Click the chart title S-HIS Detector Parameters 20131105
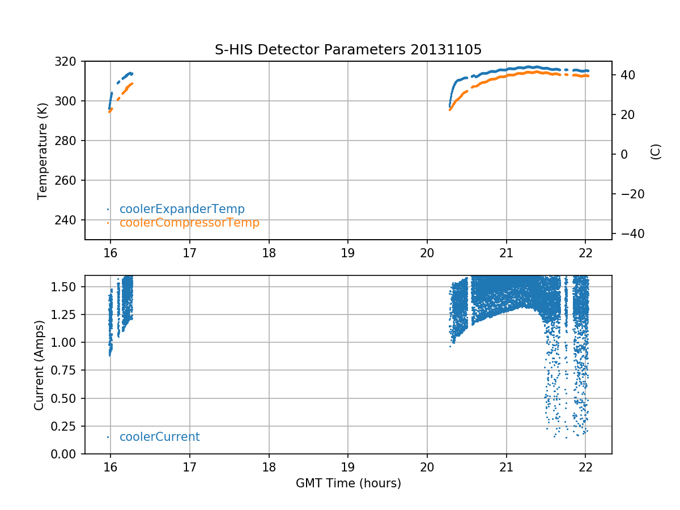tap(348, 50)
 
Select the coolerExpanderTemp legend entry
tap(182, 209)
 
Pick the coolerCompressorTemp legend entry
tap(189, 223)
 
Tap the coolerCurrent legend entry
tap(159, 437)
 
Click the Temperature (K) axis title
tap(42, 150)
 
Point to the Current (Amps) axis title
tap(39, 364)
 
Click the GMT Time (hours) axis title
tap(348, 483)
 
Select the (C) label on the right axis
tap(656, 151)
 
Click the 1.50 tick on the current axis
tap(67, 286)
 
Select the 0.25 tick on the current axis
tap(67, 426)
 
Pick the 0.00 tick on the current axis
tap(67, 454)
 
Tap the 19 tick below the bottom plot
tap(348, 467)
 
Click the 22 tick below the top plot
tap(585, 253)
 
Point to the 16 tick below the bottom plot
tap(110, 467)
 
